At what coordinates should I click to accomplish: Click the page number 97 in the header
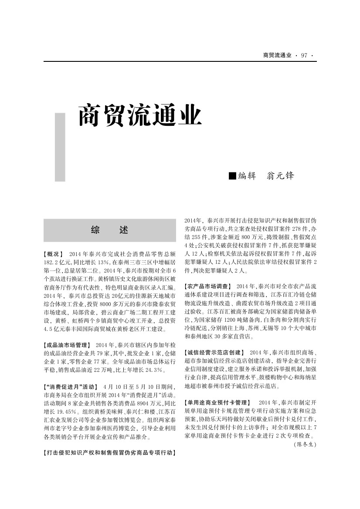pos(304,55)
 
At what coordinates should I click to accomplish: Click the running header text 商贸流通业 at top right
pos(277,55)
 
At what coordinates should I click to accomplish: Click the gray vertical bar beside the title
pos(60,147)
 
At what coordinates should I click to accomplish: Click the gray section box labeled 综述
pos(110,230)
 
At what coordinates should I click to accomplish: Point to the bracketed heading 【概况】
pos(54,254)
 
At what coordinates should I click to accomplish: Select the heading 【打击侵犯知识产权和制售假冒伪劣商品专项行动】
pos(109,453)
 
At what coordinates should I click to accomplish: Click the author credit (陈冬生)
pos(305,445)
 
